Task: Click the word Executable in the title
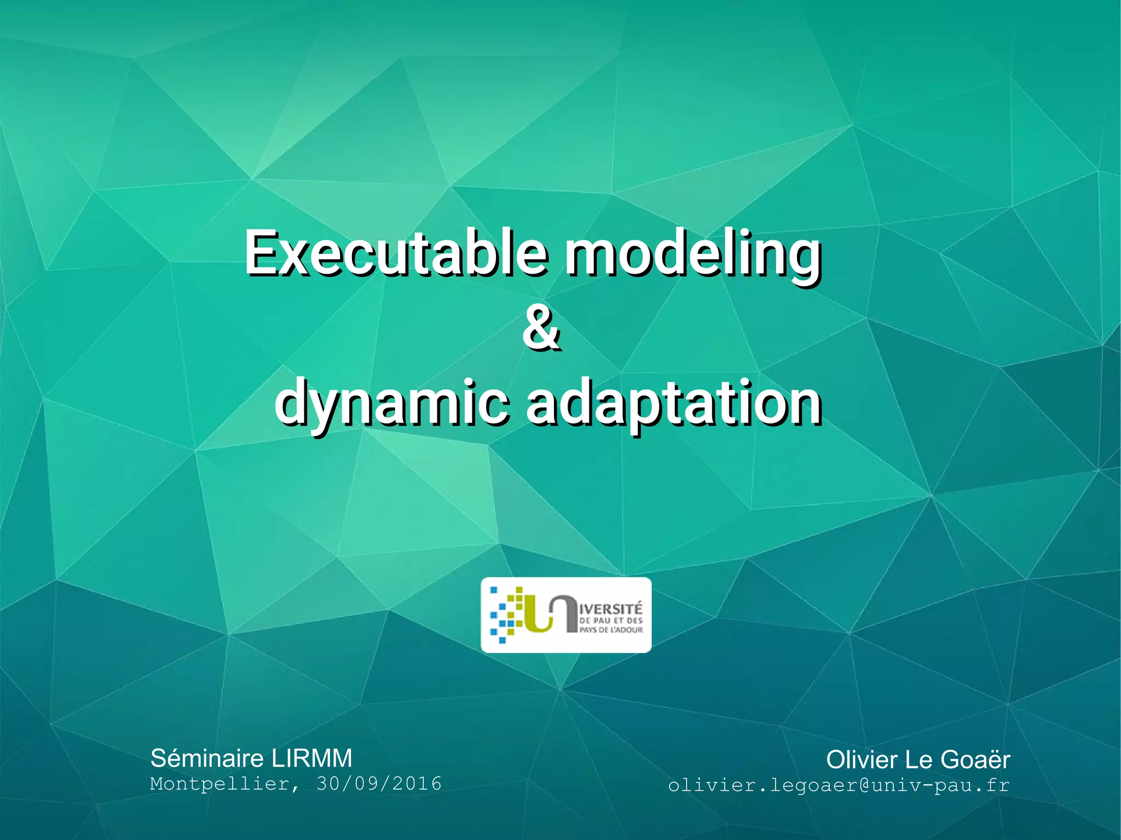[395, 253]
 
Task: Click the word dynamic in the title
[392, 404]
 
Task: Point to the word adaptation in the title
[674, 404]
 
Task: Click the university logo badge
[566, 615]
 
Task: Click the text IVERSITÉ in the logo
[611, 609]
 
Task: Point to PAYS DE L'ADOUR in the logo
[611, 630]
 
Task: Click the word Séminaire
[207, 758]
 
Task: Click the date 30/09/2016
[379, 784]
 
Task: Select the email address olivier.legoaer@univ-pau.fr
[839, 785]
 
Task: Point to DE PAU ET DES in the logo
[611, 621]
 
